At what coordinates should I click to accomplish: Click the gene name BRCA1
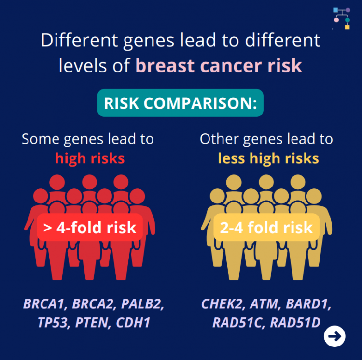[x=44, y=304]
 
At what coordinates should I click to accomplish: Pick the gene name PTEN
[x=92, y=322]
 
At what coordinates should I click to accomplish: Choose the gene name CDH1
[x=133, y=322]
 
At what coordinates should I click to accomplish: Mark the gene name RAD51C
[x=237, y=322]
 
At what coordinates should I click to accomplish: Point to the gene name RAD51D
[x=294, y=322]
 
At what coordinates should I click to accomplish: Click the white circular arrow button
[x=334, y=335]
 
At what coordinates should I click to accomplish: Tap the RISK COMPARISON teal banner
[x=180, y=103]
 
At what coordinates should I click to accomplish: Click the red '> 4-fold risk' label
[x=90, y=228]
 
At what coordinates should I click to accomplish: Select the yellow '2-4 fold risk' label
[x=266, y=228]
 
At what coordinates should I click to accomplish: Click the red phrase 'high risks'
[x=90, y=158]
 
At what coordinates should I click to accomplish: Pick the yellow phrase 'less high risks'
[x=268, y=158]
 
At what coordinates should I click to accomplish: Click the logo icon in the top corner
[x=341, y=18]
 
